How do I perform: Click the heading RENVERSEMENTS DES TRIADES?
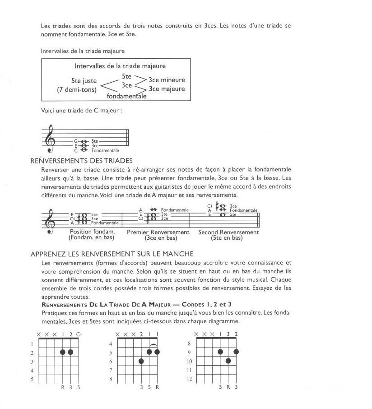pyautogui.click(x=81, y=160)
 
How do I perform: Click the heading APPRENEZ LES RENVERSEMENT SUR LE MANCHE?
pyautogui.click(x=112, y=254)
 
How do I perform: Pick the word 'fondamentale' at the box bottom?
pyautogui.click(x=126, y=96)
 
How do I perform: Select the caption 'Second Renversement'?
pyautogui.click(x=228, y=232)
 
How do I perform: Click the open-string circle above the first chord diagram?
pyautogui.click(x=79, y=334)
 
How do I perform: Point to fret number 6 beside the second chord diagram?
pyautogui.click(x=111, y=361)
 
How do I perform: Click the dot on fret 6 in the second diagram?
pyautogui.click(x=141, y=361)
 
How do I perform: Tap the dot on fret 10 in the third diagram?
pyautogui.click(x=228, y=361)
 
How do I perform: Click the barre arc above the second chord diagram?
pyautogui.click(x=153, y=345)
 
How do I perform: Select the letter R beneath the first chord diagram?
pyautogui.click(x=63, y=387)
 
